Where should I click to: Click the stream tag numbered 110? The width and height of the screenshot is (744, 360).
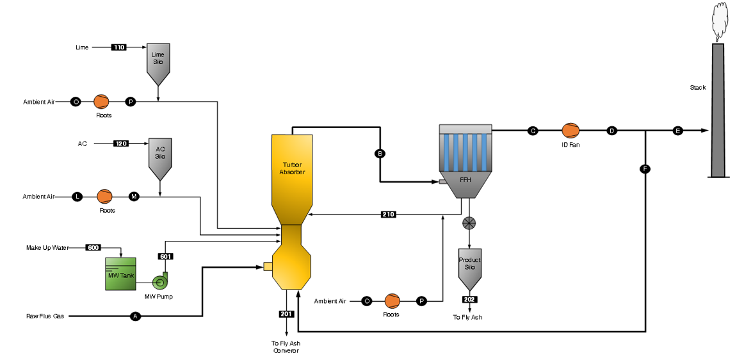118,47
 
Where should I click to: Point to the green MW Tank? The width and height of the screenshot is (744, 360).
121,274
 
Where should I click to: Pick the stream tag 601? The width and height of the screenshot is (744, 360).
166,256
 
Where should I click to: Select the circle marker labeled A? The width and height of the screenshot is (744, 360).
135,316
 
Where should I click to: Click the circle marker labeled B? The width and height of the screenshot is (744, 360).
380,154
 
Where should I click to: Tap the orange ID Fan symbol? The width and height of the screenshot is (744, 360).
570,131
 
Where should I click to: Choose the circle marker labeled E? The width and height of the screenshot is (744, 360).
678,131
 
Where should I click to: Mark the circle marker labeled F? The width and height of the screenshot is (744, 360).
645,169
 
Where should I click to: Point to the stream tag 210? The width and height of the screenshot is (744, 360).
388,214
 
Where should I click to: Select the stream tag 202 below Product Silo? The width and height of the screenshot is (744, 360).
470,299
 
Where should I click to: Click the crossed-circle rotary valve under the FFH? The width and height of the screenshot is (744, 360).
469,223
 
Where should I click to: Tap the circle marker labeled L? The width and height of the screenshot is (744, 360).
77,197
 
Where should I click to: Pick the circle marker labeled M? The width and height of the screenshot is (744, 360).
134,197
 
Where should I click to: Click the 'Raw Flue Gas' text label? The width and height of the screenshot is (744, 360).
44,316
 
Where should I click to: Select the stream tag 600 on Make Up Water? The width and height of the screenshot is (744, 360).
93,247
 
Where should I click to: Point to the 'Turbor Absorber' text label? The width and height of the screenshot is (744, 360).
292,168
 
